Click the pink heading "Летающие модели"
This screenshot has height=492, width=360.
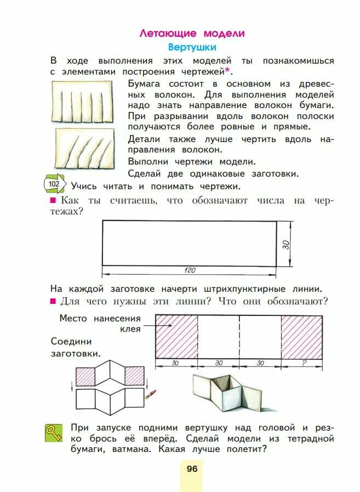tap(192, 33)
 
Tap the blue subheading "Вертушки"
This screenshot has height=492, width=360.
tap(192, 48)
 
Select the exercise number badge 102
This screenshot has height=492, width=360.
tap(54, 184)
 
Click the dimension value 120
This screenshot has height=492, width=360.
tap(190, 270)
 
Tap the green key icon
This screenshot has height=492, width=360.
tap(53, 434)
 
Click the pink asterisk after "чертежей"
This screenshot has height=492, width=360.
tap(227, 70)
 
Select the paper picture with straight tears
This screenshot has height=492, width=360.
tap(82, 101)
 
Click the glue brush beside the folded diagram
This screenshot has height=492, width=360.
tap(151, 394)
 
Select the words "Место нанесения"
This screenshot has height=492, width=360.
tap(100, 318)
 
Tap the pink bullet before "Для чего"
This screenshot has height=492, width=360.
tap(53, 302)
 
